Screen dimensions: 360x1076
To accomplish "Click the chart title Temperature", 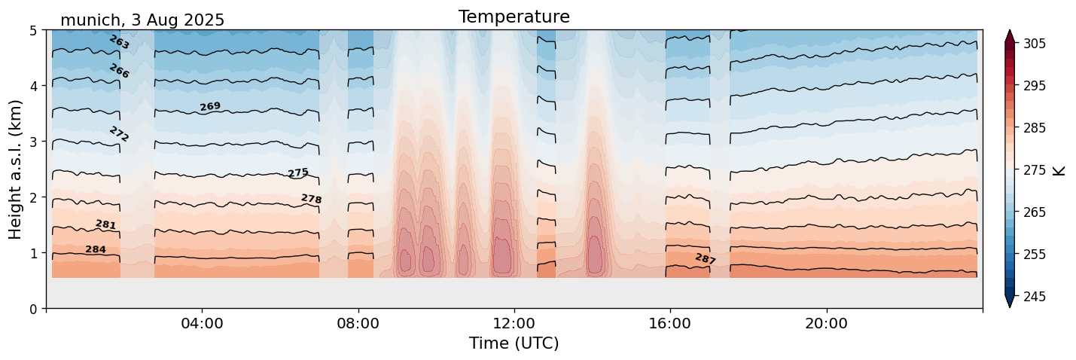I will (514, 17).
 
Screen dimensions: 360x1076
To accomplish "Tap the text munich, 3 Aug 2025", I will (142, 20).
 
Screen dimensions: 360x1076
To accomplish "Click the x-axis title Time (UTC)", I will (514, 343).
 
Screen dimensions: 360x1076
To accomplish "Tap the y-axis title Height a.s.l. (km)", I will (16, 169).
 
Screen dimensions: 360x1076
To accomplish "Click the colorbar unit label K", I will (1059, 170).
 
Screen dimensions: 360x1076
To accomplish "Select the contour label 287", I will (706, 259).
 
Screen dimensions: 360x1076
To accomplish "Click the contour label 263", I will (119, 42).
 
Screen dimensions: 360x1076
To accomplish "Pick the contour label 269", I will (210, 107).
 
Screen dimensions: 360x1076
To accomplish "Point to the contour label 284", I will (96, 249).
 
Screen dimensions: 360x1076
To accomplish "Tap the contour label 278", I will (311, 199).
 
